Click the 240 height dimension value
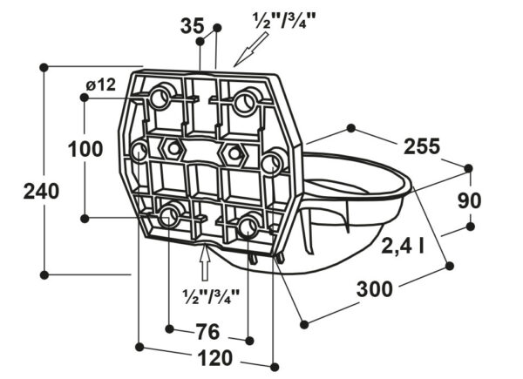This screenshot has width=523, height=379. coord(41,192)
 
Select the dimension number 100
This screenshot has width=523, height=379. coord(85,149)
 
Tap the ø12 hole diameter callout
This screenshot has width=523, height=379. coord(101,85)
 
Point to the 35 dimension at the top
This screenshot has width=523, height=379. coord(192,25)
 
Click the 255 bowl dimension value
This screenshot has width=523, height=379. coord(422,146)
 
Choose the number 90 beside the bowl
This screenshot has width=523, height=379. coord(469,200)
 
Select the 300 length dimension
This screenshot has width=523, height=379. coord(375,289)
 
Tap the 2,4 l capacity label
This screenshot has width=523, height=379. coord(403,246)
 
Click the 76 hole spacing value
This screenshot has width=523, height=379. coord(207,332)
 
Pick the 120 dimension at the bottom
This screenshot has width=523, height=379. coord(215,358)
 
